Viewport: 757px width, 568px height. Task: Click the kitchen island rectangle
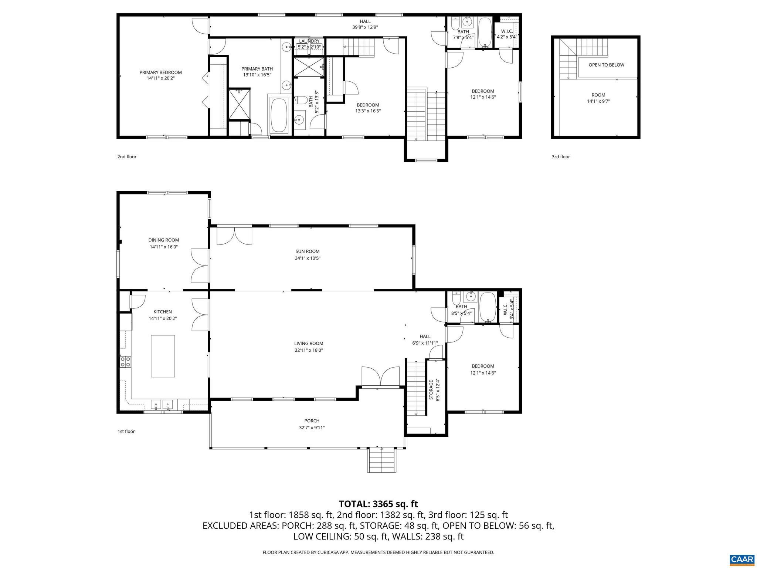coord(163,356)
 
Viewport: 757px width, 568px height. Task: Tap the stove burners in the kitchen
coord(125,361)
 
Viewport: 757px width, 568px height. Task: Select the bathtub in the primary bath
coord(279,115)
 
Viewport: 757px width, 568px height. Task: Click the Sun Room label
coord(308,251)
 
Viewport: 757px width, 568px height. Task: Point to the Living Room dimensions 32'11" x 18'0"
coord(309,350)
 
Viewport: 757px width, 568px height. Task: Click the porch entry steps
coord(381,460)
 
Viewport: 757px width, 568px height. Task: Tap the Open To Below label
coord(606,65)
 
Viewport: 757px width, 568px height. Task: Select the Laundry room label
coord(309,41)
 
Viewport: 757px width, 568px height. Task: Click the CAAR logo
coord(742,559)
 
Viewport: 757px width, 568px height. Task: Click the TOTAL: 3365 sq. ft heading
coord(378,504)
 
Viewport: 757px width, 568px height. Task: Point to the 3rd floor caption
coord(561,157)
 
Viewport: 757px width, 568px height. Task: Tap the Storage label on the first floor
coord(431,389)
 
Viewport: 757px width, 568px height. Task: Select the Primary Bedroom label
coord(160,72)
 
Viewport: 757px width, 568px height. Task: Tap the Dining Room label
coord(163,240)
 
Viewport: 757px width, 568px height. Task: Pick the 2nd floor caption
coord(127,157)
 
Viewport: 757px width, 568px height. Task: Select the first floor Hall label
coord(425,336)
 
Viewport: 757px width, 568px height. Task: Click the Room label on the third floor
coord(598,95)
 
